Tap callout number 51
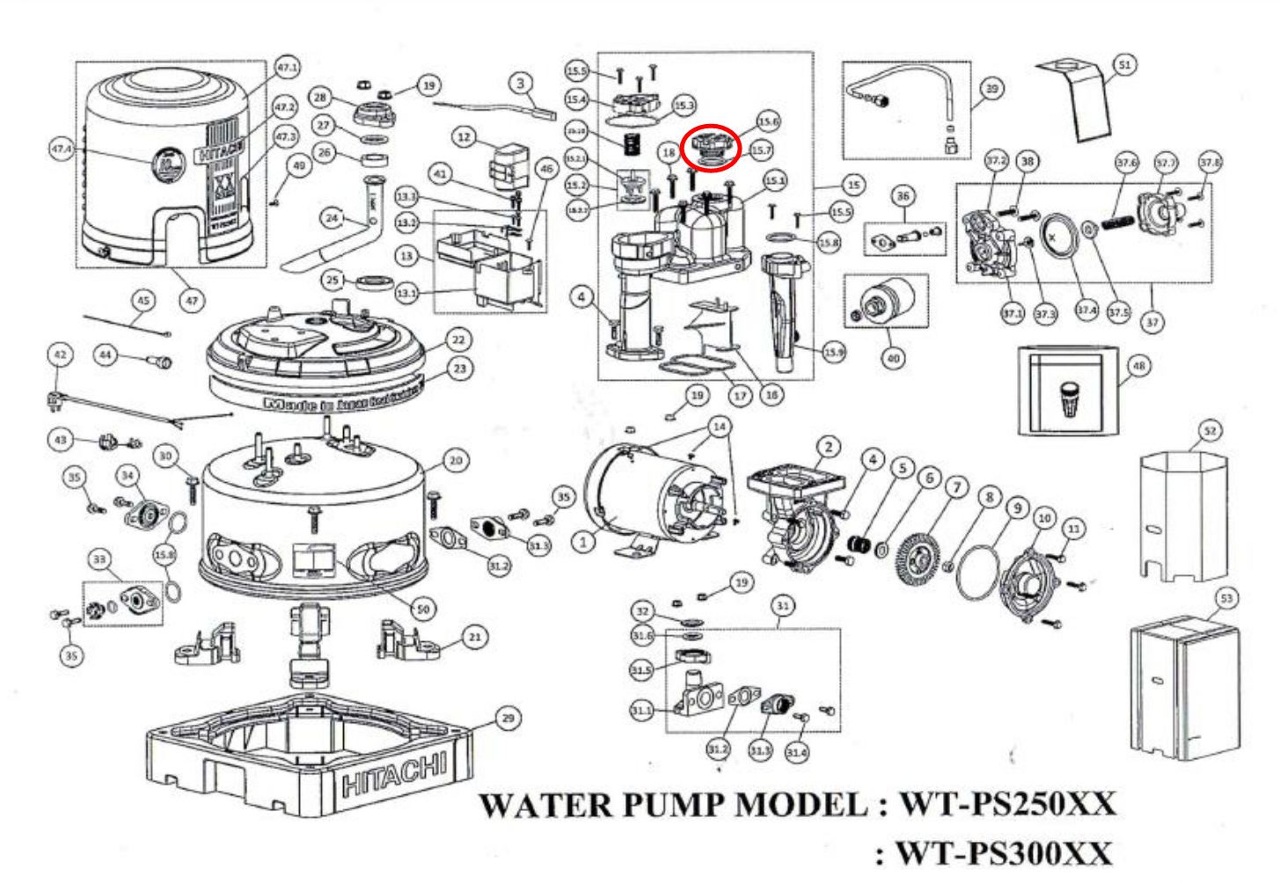pyautogui.click(x=1123, y=64)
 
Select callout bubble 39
pyautogui.click(x=991, y=88)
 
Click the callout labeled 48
pyautogui.click(x=1138, y=365)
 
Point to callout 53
pyautogui.click(x=1226, y=598)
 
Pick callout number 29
pyautogui.click(x=508, y=718)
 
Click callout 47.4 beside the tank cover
pyautogui.click(x=62, y=149)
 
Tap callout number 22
pyautogui.click(x=458, y=340)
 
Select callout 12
pyautogui.click(x=464, y=136)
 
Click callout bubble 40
pyautogui.click(x=893, y=358)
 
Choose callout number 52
pyautogui.click(x=1211, y=430)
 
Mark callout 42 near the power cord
pyautogui.click(x=60, y=354)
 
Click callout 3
pyautogui.click(x=520, y=83)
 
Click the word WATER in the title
pyautogui.click(x=545, y=805)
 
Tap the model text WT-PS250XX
pyautogui.click(x=1006, y=804)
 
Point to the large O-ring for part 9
pyautogui.click(x=977, y=572)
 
